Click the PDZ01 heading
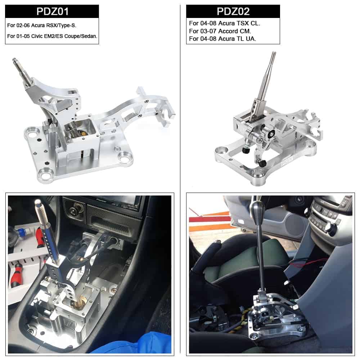(52, 12)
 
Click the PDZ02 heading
(233, 12)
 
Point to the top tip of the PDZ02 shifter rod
(274, 52)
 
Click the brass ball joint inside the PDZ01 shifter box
(81, 133)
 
